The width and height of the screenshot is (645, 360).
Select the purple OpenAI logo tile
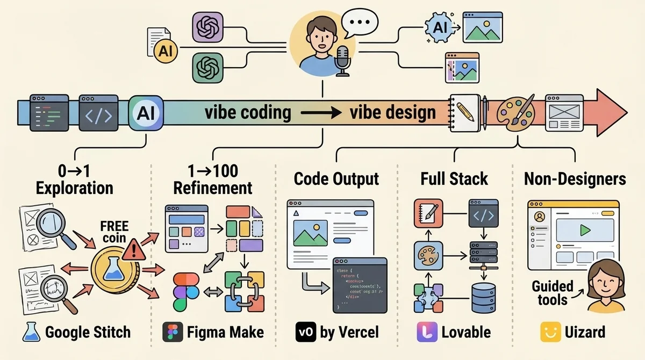[207, 27]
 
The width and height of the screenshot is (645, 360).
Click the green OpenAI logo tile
[207, 68]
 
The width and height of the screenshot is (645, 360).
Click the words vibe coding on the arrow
[248, 113]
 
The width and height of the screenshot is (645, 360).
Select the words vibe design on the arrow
[392, 113]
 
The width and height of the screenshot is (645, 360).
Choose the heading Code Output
[336, 179]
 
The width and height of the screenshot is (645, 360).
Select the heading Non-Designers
[575, 179]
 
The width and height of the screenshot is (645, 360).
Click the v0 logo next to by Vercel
[305, 332]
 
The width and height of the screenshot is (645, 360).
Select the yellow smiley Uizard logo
[548, 332]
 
